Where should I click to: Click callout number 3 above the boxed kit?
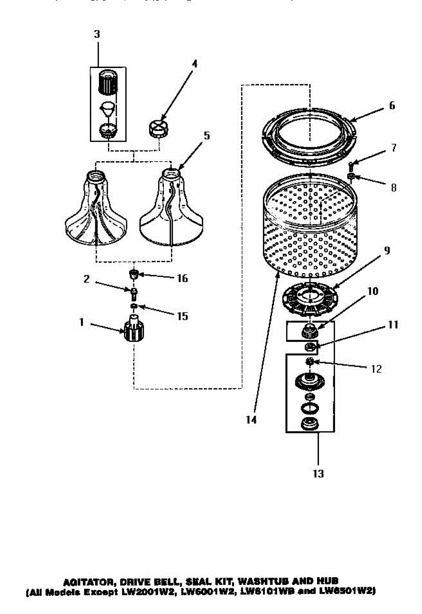[x=97, y=34]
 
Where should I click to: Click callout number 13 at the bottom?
[x=318, y=474]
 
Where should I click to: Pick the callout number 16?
[x=182, y=279]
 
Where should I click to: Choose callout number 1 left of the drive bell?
[x=80, y=322]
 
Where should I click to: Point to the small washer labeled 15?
[x=134, y=306]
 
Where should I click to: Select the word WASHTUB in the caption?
[x=266, y=582]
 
